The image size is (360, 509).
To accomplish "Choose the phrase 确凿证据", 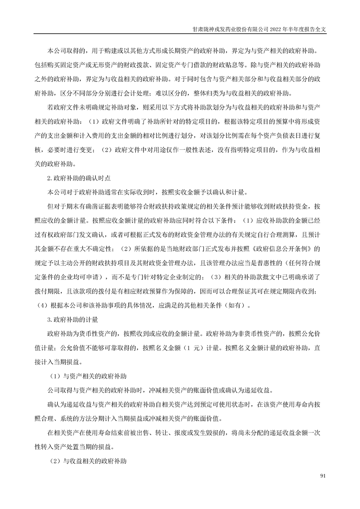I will [x=98, y=206].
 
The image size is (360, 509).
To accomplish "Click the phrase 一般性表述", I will [x=202, y=149].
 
